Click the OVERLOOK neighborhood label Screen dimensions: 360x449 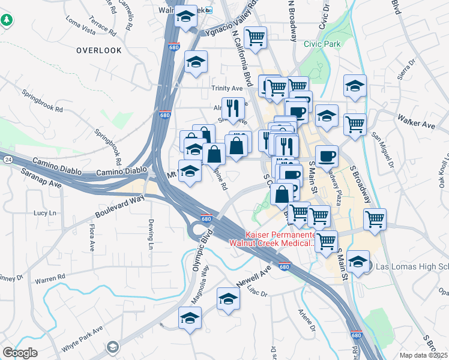[99, 50]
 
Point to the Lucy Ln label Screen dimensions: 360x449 [44, 213]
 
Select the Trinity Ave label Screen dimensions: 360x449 [226, 88]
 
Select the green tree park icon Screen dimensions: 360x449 [7, 20]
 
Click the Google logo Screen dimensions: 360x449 [20, 353]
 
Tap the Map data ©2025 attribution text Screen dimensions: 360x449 [424, 355]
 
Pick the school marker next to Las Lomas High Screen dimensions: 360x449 [358, 262]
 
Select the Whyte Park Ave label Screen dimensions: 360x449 [82, 340]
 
